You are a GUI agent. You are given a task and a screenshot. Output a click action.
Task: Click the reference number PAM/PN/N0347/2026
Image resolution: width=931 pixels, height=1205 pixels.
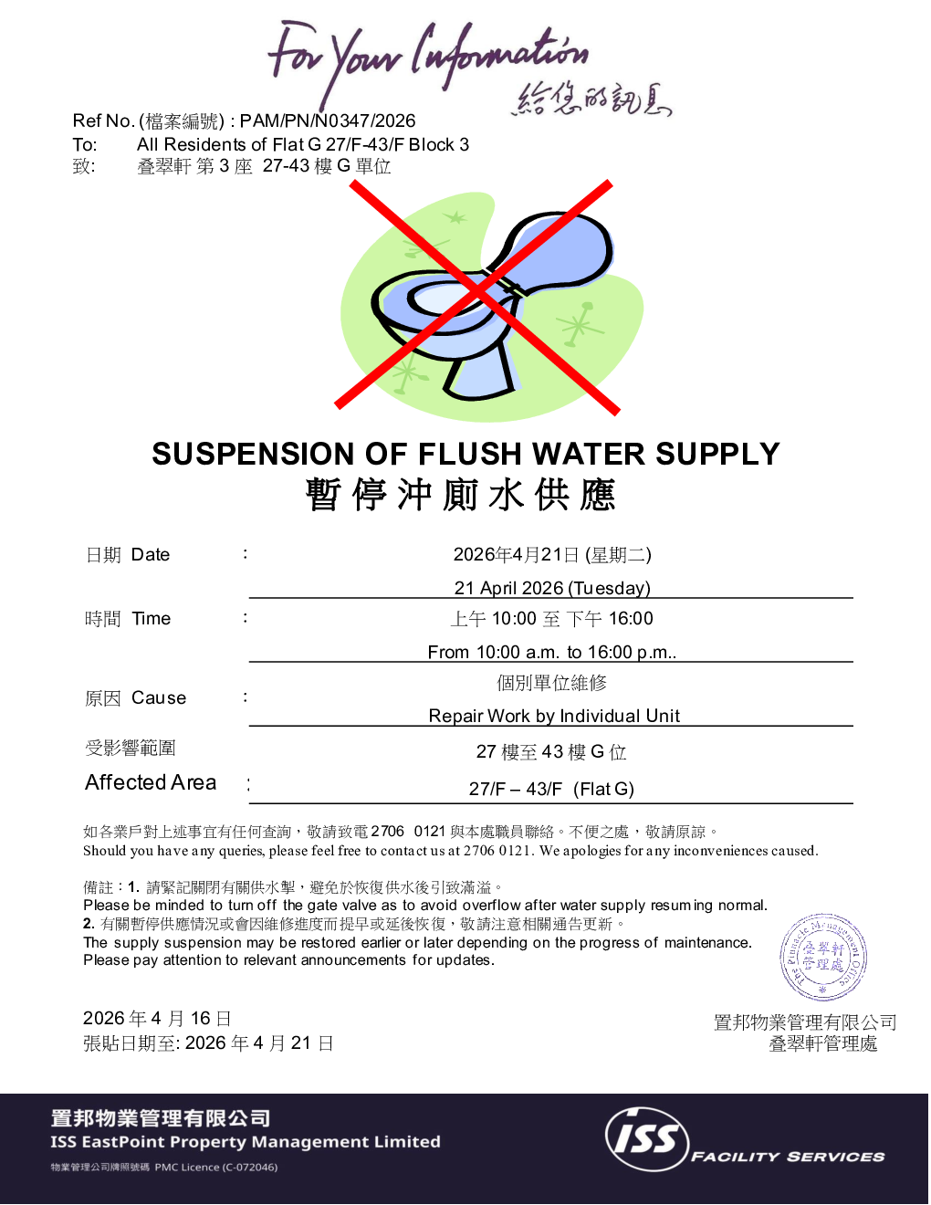[327, 121]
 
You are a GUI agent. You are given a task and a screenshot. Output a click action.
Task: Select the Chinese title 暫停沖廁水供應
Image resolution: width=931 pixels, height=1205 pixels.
[461, 495]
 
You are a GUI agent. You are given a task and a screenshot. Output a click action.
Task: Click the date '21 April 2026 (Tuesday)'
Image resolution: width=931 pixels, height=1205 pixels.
[552, 588]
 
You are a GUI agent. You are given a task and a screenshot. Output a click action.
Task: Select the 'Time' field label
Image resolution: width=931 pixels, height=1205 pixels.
[151, 619]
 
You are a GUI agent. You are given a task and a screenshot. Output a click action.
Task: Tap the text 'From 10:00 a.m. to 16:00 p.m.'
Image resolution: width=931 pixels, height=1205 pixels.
[551, 652]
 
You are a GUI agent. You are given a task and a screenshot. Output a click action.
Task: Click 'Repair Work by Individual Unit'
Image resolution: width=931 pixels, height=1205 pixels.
[554, 716]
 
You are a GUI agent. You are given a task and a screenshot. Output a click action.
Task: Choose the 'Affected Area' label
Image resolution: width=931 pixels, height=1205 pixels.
[151, 782]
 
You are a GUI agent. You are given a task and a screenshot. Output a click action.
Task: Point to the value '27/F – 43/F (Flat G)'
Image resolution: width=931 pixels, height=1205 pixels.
[551, 789]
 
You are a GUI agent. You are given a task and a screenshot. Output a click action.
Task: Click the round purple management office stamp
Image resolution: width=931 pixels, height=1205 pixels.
[823, 958]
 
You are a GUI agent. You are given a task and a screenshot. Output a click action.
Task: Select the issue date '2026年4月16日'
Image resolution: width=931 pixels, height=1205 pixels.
[157, 1019]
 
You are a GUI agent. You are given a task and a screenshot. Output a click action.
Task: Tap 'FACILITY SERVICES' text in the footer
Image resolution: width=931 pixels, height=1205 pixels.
[788, 1157]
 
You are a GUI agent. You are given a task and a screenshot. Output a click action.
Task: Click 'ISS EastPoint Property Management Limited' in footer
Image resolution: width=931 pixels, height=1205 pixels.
[246, 1142]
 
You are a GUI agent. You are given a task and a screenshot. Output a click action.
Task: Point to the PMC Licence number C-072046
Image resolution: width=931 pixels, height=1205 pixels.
[247, 1168]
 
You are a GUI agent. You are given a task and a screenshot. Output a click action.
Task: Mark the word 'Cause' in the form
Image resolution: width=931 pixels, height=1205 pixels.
[159, 698]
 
